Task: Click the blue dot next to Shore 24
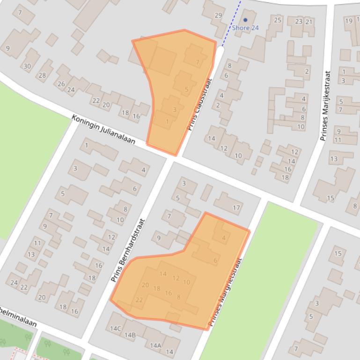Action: point(245,20)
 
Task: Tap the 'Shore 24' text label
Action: point(245,28)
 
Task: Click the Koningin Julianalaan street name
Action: point(103,129)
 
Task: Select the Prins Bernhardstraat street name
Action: point(128,251)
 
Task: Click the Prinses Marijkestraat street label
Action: point(325,106)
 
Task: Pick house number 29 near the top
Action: point(218,15)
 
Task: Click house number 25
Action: point(278,20)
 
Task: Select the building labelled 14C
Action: point(115,328)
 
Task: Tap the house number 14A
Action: point(155,346)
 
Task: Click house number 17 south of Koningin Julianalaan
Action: point(236,208)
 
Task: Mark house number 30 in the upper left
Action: point(27,66)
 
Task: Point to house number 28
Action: point(42,75)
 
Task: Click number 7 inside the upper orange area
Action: point(198,62)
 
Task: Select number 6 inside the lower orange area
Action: point(215,260)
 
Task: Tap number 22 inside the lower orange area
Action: point(139,300)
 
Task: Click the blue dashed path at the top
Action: point(232,23)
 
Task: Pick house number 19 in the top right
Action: point(348,21)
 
